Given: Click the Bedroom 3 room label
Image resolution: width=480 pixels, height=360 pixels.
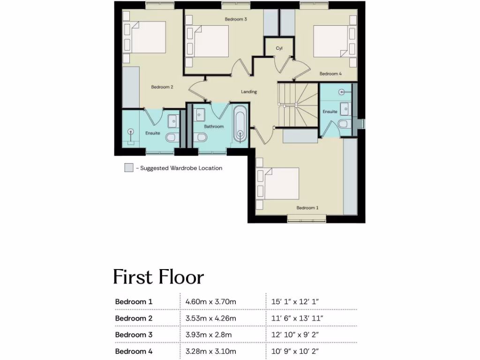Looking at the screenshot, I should [236, 19].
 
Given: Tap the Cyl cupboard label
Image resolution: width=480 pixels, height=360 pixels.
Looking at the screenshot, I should [279, 48].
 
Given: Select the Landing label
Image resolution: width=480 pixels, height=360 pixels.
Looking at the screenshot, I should [249, 92].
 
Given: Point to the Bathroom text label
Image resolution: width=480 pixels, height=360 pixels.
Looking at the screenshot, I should [214, 127].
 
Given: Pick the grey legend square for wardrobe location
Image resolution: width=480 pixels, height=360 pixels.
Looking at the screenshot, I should [128, 168].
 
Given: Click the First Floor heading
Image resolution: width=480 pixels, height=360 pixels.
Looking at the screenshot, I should [158, 277].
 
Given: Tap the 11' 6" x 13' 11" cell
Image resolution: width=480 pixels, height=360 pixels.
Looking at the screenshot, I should [297, 318].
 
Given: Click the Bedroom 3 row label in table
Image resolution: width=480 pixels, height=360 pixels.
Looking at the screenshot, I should [134, 335].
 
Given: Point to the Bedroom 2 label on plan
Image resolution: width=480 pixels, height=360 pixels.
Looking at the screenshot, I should [163, 87].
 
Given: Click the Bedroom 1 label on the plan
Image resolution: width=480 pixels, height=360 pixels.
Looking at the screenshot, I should [307, 208].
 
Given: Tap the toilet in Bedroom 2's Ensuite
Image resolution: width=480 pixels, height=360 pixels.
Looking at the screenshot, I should [172, 137].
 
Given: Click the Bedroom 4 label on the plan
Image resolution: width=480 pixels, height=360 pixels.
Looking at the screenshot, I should [330, 74].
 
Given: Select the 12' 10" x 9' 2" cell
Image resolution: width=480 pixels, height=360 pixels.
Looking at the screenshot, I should [295, 335].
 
